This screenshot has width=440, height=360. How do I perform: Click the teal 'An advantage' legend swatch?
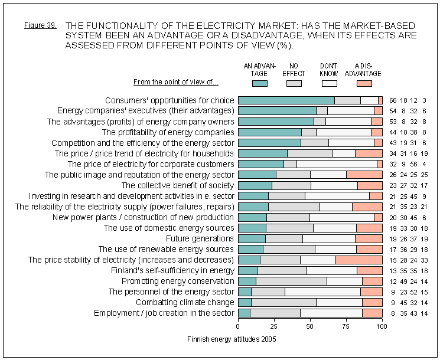point(259,83)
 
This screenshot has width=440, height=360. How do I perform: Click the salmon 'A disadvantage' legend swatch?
point(364,83)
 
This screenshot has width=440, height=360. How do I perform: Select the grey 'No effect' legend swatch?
point(294,83)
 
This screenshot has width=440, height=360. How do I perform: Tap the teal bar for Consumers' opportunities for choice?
point(286,100)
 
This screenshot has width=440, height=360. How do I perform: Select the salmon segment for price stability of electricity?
point(358,260)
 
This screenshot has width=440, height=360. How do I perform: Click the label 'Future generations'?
point(200,238)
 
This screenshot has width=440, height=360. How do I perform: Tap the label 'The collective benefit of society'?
point(178,185)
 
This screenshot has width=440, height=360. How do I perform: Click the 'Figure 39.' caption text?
point(41,26)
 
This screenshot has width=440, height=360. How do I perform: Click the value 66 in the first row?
point(393,100)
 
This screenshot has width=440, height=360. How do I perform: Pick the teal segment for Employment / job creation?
point(244,313)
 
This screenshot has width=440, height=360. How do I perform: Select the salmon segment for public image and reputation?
point(364,175)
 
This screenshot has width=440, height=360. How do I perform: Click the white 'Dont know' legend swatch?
point(328,83)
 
